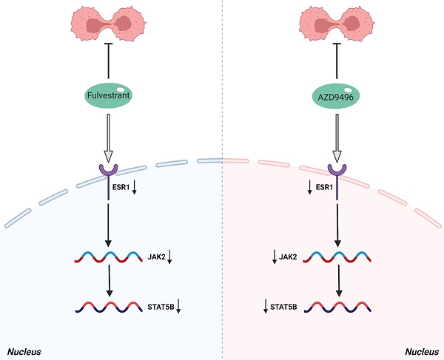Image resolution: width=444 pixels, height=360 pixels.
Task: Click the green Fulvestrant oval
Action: [x=110, y=96]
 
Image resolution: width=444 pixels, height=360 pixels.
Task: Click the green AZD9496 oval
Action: [x=337, y=96]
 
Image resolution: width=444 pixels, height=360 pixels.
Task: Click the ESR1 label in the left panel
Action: [x=131, y=188]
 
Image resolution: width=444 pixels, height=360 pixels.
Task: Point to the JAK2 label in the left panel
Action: [x=156, y=257]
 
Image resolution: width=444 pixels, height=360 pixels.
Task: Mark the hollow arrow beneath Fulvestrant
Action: [x=110, y=140]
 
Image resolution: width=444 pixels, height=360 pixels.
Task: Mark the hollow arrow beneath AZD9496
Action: [x=337, y=140]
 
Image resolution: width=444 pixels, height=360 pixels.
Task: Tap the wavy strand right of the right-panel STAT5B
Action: [x=337, y=305]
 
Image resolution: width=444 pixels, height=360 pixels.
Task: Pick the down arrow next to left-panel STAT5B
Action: [x=180, y=305]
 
